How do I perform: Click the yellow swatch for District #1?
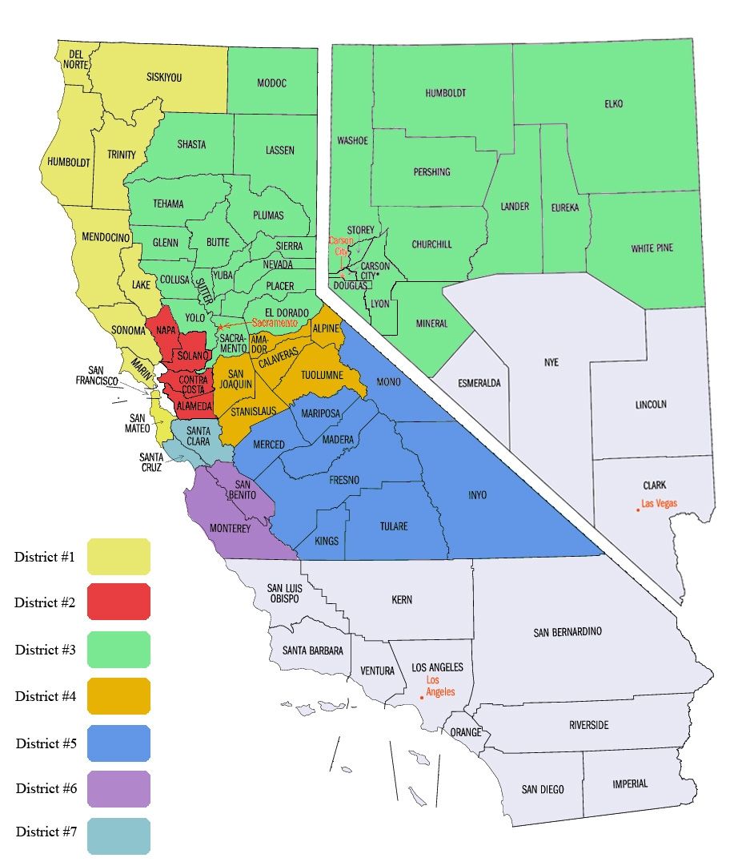pyautogui.click(x=118, y=557)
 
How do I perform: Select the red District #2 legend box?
pyautogui.click(x=118, y=602)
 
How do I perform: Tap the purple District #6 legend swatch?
pyautogui.click(x=118, y=789)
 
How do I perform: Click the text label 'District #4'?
pyautogui.click(x=46, y=696)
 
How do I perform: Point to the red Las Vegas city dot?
pyautogui.click(x=638, y=510)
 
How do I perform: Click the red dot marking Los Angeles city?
pyautogui.click(x=422, y=698)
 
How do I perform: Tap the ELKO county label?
pyautogui.click(x=614, y=104)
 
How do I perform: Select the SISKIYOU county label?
pyautogui.click(x=164, y=78)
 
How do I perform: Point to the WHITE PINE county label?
pyautogui.click(x=652, y=248)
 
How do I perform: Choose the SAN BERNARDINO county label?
pyautogui.click(x=567, y=632)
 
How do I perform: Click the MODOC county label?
pyautogui.click(x=271, y=83)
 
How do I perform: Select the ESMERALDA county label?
pyautogui.click(x=479, y=383)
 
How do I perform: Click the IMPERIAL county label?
pyautogui.click(x=630, y=783)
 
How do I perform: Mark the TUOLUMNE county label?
pyautogui.click(x=323, y=375)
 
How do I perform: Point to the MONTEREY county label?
pyautogui.click(x=230, y=529)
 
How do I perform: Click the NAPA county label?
pyautogui.click(x=166, y=330)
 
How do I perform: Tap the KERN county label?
pyautogui.click(x=402, y=599)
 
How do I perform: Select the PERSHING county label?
pyautogui.click(x=431, y=172)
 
